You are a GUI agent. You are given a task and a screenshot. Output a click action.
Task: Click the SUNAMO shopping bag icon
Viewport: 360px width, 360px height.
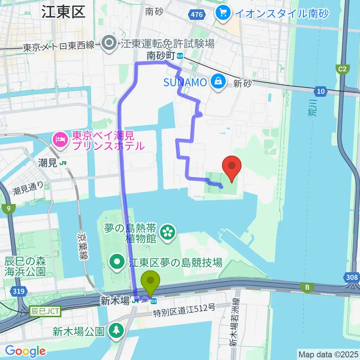(x=217, y=81)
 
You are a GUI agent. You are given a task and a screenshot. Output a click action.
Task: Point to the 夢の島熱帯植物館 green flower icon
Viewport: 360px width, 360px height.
(x=167, y=232)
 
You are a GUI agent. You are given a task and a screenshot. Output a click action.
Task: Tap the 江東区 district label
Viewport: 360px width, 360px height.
(x=63, y=12)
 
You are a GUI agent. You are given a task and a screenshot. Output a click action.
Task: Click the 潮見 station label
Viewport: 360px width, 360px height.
(x=47, y=163)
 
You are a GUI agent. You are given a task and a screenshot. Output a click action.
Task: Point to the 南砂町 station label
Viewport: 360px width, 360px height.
(x=160, y=56)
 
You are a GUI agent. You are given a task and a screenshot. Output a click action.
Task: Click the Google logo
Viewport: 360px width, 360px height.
(x=25, y=351)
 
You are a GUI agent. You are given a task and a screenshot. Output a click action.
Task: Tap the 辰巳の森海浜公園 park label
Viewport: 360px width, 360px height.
(x=25, y=266)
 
